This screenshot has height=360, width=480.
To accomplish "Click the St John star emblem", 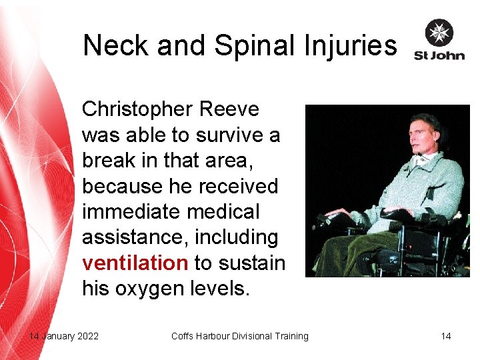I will point(439,33).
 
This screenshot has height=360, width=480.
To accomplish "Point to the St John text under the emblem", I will point(439,55).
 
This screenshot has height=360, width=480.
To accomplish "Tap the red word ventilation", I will point(135,263).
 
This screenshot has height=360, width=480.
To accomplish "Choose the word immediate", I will point(131,212).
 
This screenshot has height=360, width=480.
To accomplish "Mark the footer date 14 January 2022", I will point(64,336).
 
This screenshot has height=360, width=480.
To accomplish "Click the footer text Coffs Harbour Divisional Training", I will point(240,336).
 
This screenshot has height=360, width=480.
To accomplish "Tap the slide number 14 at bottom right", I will point(445,336).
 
